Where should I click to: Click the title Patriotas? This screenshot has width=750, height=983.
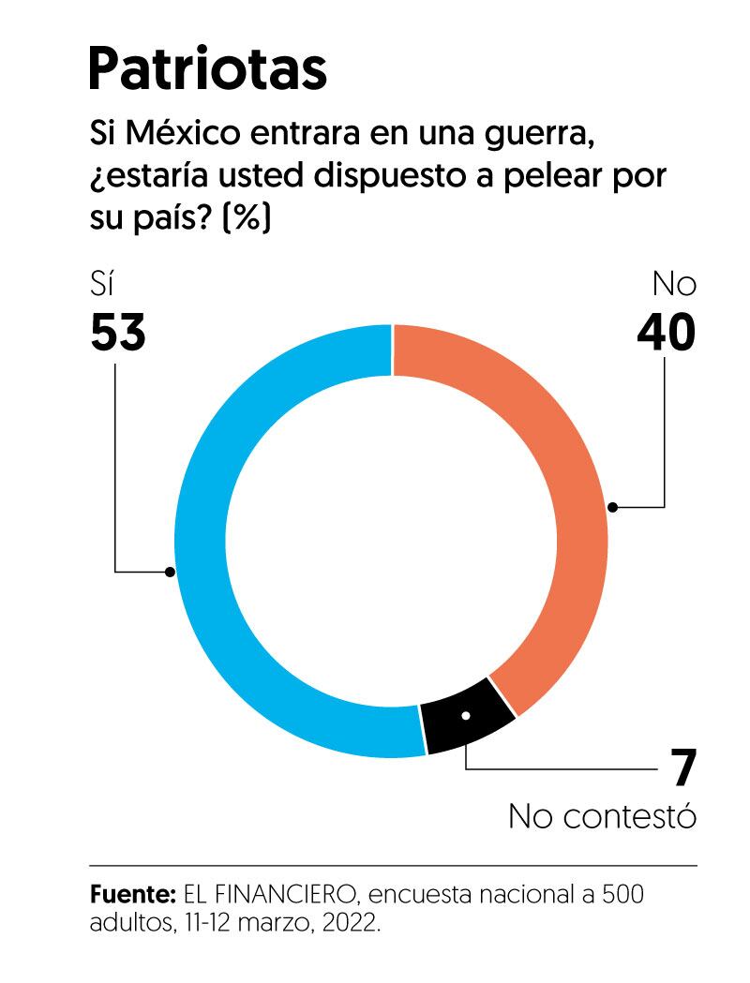pos(207,69)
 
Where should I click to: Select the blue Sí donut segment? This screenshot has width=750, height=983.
pos(202,544)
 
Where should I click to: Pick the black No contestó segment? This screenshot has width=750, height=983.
pos(466,717)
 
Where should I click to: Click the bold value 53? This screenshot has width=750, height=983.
pos(118,333)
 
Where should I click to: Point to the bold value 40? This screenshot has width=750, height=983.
pos(666,333)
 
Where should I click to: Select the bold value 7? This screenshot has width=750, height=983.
pos(684,768)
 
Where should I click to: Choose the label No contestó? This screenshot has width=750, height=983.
pos(603,815)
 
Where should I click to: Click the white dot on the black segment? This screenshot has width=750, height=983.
pos(466,716)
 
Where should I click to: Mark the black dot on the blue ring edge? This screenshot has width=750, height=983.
pos(169,571)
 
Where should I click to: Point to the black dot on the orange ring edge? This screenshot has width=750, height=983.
pos(612,507)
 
